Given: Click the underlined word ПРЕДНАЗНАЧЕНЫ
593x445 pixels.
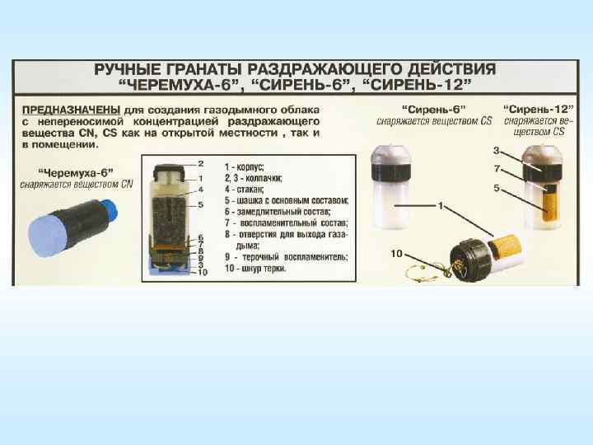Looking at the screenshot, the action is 71,110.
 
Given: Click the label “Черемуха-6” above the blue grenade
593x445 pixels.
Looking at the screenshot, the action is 76,173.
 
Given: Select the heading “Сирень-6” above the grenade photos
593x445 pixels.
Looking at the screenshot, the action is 434,110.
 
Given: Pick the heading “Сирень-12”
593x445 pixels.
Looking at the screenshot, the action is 539,110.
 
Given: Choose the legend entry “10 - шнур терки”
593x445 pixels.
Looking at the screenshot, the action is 255,269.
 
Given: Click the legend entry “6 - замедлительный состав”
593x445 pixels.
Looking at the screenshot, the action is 278,212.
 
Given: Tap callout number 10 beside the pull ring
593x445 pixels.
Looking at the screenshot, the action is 396,253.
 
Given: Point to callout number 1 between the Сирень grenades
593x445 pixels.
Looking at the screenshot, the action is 441,206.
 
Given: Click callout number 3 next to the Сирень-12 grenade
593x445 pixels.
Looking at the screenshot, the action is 496,151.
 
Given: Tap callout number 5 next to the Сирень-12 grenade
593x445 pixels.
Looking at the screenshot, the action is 497,188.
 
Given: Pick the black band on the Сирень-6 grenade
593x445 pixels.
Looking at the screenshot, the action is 391,172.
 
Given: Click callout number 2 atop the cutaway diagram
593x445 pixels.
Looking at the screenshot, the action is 201,163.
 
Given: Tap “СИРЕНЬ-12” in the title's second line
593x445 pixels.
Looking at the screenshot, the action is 417,85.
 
